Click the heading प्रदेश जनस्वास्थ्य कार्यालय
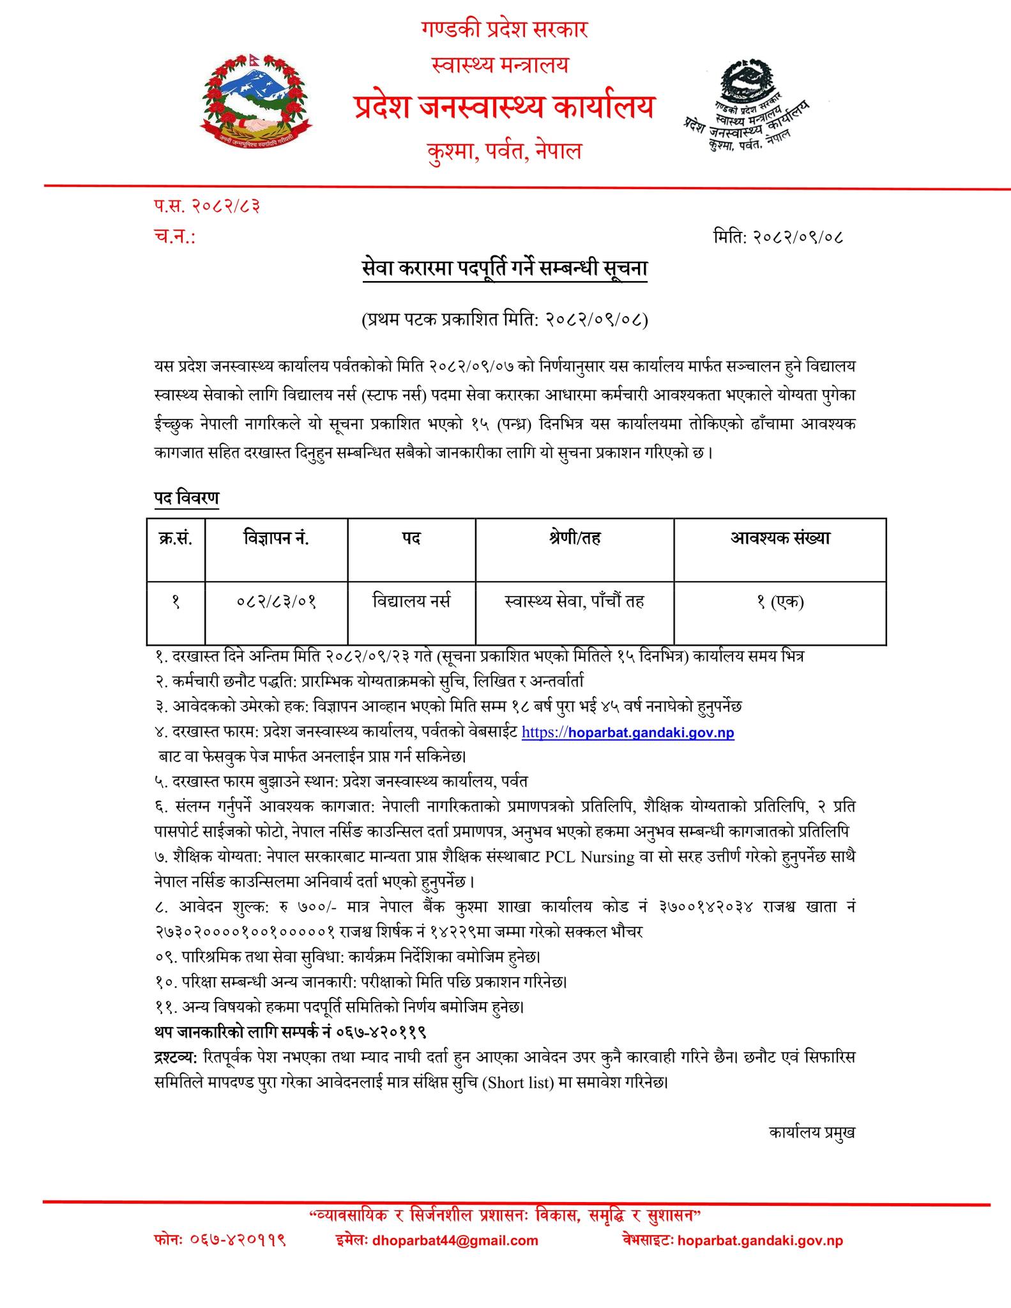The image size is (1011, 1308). (504, 107)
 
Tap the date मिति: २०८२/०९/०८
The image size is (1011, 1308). (778, 237)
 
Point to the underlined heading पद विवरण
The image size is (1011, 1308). (186, 497)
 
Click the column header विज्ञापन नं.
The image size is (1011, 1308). (276, 538)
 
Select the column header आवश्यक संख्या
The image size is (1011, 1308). (780, 538)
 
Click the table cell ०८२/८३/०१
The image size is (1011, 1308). (276, 602)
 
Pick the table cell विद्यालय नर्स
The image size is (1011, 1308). (411, 601)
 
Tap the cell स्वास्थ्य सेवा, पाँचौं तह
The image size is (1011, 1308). (574, 601)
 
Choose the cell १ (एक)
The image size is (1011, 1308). (780, 602)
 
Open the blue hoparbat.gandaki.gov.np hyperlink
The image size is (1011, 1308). (628, 733)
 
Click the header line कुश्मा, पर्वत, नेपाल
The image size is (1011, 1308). (504, 151)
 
